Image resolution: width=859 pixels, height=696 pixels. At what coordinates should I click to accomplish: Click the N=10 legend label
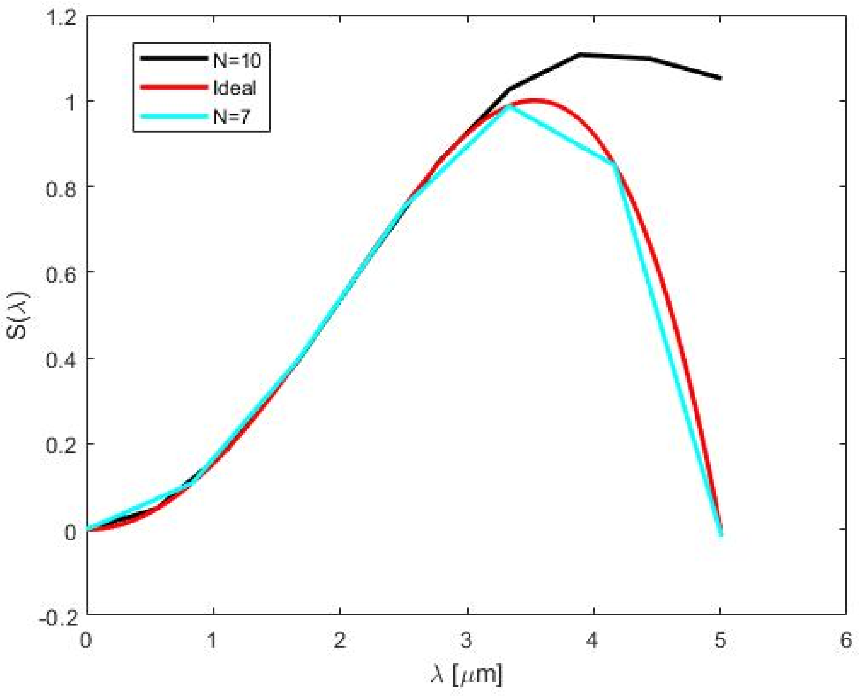tap(237, 61)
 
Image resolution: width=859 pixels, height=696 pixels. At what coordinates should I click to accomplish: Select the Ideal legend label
tap(235, 88)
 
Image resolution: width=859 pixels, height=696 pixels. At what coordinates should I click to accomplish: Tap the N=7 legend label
tap(232, 117)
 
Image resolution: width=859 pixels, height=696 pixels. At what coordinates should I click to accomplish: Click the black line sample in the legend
tap(175, 59)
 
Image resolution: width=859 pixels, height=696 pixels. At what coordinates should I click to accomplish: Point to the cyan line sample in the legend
tap(175, 116)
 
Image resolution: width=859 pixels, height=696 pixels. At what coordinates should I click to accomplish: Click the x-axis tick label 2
tap(340, 640)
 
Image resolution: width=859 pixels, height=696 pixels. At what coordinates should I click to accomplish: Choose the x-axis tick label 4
tap(592, 640)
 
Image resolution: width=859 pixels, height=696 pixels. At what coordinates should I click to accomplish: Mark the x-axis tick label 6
tap(845, 640)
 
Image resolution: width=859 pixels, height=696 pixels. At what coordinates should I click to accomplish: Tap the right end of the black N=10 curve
tap(720, 78)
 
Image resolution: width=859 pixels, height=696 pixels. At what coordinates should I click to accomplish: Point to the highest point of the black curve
tap(580, 54)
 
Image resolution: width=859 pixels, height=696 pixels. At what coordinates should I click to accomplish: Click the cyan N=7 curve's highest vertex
tap(509, 106)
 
